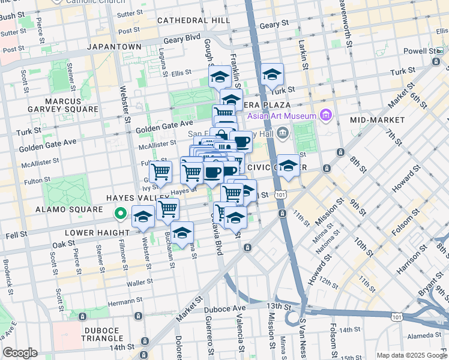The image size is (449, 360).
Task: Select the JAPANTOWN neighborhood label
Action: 115,46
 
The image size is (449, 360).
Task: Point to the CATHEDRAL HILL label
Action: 194,20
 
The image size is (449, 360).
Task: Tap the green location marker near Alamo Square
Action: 120,212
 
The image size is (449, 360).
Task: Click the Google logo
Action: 20,353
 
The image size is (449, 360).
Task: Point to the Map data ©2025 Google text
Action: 411,355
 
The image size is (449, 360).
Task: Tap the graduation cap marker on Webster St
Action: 143,218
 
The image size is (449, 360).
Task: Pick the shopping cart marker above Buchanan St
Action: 167,209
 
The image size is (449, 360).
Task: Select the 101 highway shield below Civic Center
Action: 280,195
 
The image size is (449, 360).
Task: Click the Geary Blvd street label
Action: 184,37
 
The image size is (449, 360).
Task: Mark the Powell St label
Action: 418,51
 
